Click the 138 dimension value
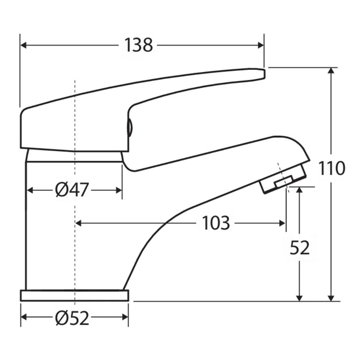tap(139, 45)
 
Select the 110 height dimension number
tap(333, 168)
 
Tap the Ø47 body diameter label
tap(72, 190)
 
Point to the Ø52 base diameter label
tap(72, 319)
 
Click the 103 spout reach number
tap(215, 223)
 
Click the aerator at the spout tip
tap(284, 180)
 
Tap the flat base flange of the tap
tap(74, 295)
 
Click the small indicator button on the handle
tap(129, 129)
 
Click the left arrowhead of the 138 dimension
tap(24, 45)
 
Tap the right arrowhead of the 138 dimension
tap(261, 45)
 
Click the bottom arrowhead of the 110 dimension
tap(333, 297)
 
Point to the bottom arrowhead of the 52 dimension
tap(300, 297)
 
